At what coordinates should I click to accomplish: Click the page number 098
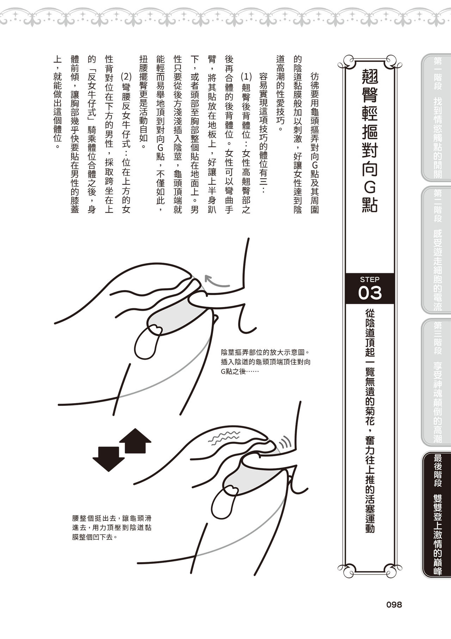click(394, 604)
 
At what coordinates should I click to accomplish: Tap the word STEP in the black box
click(370, 280)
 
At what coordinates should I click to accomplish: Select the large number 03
click(370, 293)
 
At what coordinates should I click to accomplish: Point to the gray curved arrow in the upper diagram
click(216, 282)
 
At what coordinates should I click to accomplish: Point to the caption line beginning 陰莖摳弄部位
click(265, 352)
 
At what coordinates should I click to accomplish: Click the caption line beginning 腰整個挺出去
click(112, 518)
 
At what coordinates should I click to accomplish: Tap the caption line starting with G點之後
click(240, 371)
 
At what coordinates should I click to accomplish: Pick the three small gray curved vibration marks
click(285, 441)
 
